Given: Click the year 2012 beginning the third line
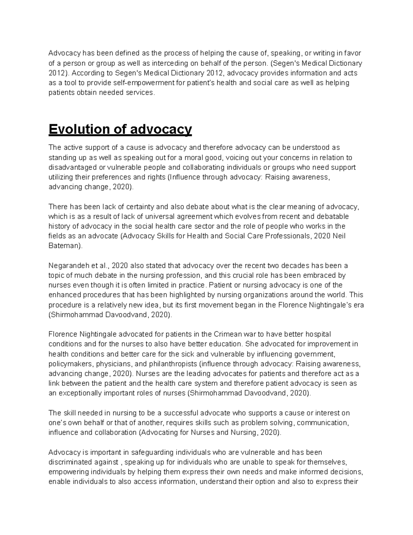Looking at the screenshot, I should coord(56,73).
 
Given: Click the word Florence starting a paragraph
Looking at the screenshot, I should coord(63,334).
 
